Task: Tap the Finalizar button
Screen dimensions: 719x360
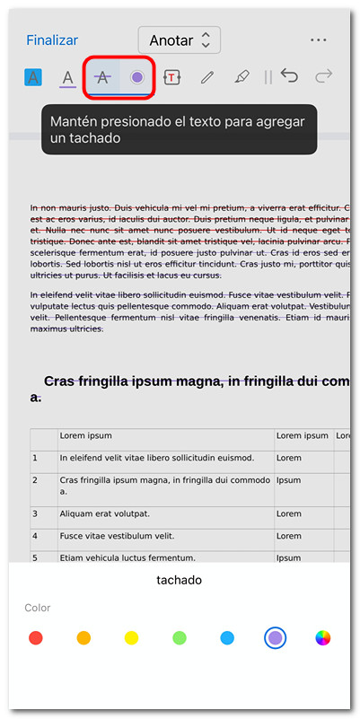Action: point(52,40)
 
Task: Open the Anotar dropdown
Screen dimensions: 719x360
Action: point(180,40)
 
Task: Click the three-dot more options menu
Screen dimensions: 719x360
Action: point(318,40)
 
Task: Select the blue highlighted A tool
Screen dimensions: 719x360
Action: point(33,77)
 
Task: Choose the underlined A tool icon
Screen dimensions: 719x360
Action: point(67,78)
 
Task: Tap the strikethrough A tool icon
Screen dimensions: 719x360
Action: point(102,77)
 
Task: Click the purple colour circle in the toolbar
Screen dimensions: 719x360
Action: point(136,77)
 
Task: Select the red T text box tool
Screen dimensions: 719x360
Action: point(171,78)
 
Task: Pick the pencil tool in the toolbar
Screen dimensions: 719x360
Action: point(206,78)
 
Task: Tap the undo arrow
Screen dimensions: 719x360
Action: point(289,77)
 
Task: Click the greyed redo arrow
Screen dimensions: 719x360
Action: point(324,77)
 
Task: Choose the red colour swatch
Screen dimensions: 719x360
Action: point(35,638)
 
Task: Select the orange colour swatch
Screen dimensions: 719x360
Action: point(83,638)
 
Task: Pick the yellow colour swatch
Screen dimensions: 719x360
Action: point(131,638)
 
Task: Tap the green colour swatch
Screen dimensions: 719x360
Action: point(180,638)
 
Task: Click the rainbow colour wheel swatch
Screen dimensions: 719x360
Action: point(323,638)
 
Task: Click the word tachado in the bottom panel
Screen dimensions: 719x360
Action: point(180,580)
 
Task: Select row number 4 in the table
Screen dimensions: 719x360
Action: point(35,536)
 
